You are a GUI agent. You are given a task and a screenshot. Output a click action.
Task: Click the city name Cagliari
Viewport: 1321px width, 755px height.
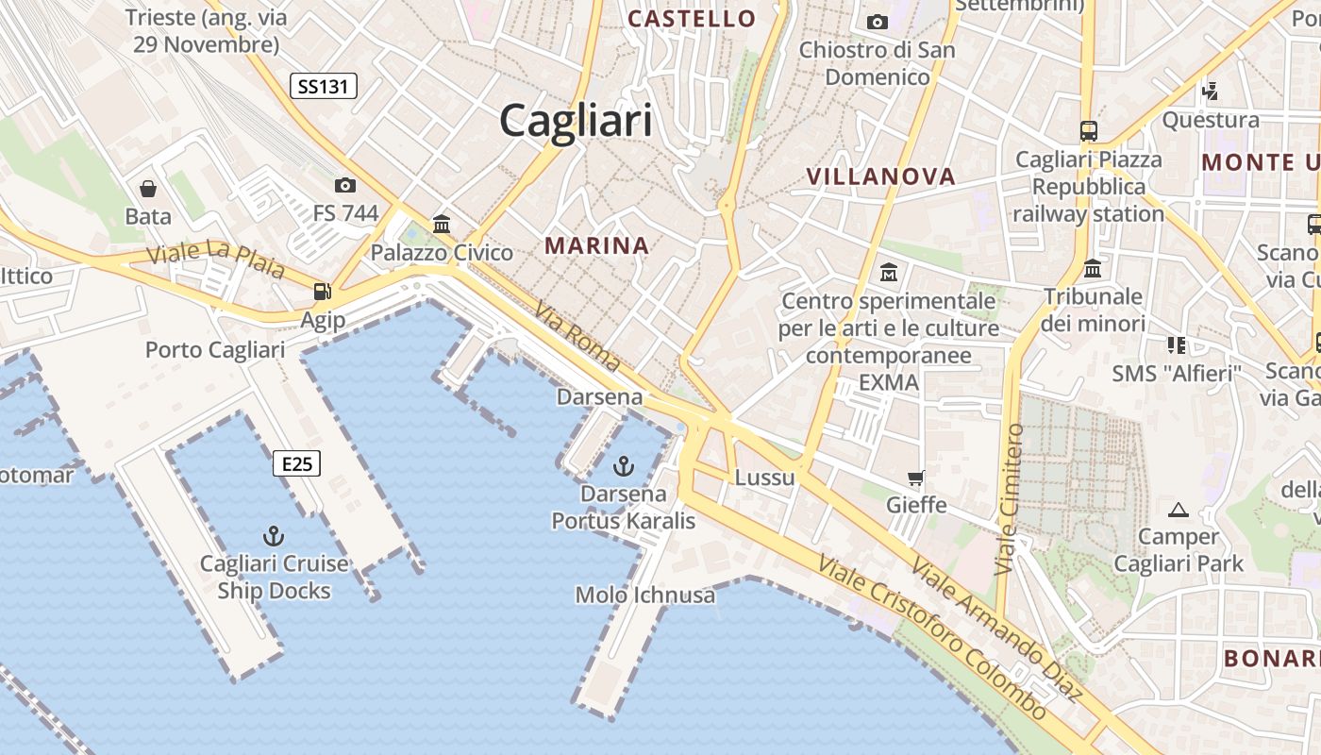[576, 121]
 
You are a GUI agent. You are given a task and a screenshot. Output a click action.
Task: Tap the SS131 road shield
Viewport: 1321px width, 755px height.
[323, 87]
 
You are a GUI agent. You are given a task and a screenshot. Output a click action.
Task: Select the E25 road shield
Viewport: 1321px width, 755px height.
[297, 463]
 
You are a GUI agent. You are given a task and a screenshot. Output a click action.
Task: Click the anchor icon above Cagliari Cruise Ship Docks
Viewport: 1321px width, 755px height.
[274, 537]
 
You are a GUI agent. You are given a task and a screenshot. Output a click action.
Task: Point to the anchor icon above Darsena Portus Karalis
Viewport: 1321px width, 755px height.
[623, 465]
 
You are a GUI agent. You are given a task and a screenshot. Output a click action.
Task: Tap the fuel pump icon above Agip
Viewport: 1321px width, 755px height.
[323, 292]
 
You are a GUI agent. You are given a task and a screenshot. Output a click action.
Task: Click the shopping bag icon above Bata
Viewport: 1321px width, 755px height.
[148, 189]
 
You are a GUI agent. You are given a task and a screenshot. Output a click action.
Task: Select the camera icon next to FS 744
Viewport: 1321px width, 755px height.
[345, 185]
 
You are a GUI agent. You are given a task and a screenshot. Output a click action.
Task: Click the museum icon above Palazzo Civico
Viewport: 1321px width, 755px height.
[442, 224]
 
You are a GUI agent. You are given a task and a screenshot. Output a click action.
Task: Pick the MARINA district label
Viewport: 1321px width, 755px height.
[596, 246]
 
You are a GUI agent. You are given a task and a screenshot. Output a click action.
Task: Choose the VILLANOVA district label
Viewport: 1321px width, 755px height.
[881, 176]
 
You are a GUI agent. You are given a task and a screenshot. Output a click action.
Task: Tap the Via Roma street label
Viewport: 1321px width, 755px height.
[577, 336]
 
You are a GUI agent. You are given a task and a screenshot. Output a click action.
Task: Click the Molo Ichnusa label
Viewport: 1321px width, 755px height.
[645, 596]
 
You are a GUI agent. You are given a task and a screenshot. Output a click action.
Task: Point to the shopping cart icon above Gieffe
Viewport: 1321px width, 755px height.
[915, 478]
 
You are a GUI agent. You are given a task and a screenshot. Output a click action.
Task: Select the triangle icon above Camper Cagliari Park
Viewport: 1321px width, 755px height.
[1178, 511]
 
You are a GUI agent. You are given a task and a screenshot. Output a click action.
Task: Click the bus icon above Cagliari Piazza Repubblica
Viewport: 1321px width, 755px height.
[1089, 131]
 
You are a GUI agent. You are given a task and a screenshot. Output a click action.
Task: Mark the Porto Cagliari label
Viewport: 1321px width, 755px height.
[215, 350]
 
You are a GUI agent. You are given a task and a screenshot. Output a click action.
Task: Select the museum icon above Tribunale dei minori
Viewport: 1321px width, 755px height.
[1093, 268]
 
